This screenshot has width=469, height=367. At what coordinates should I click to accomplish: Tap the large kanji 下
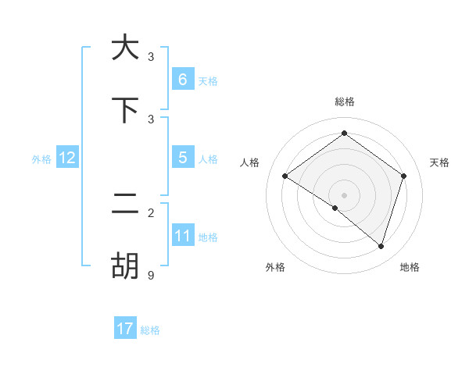point(125,110)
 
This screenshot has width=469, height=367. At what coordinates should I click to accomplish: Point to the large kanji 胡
point(125,265)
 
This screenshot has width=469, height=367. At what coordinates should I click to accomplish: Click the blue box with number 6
point(182,79)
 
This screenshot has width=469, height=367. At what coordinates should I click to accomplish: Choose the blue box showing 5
point(182,157)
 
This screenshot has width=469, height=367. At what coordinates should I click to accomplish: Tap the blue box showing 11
point(182,235)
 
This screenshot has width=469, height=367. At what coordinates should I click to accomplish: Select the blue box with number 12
point(66,158)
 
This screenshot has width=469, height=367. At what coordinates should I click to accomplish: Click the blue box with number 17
point(125,329)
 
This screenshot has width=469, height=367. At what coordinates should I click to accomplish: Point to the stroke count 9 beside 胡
point(151,275)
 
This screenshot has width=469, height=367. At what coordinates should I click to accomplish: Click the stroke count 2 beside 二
point(151,212)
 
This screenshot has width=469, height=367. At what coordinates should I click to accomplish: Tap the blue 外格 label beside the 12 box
point(41,159)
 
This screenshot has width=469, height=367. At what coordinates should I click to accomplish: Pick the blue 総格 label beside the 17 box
point(150,330)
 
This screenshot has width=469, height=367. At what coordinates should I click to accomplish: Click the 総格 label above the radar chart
point(345,102)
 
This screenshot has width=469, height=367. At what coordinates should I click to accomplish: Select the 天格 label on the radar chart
point(439,162)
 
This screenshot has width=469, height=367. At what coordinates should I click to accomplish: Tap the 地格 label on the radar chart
point(410,267)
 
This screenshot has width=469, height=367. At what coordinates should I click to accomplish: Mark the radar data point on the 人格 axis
point(285,176)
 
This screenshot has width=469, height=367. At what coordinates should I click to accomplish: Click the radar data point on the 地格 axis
point(381,246)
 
